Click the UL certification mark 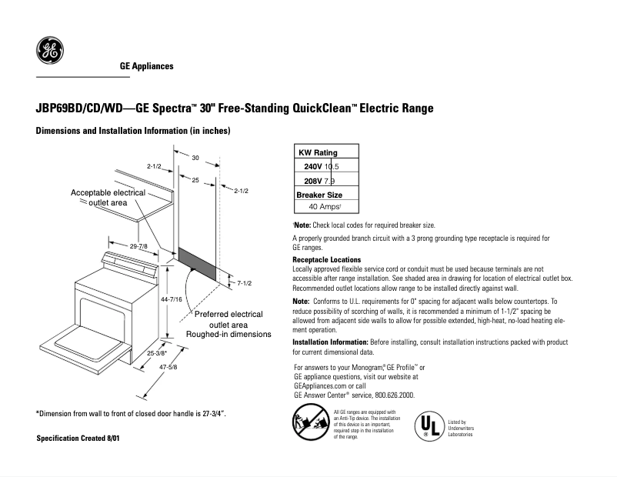(x=430, y=425)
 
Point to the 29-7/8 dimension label (x=139, y=245)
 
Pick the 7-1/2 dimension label (x=245, y=283)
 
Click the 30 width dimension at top (x=196, y=158)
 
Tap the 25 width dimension (x=195, y=179)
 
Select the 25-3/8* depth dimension (x=156, y=353)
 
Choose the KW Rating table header (x=318, y=152)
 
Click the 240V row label (x=312, y=166)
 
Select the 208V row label (x=312, y=181)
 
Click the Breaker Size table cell (x=319, y=195)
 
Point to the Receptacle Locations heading (x=327, y=260)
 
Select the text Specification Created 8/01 (x=78, y=438)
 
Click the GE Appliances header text (x=146, y=66)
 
